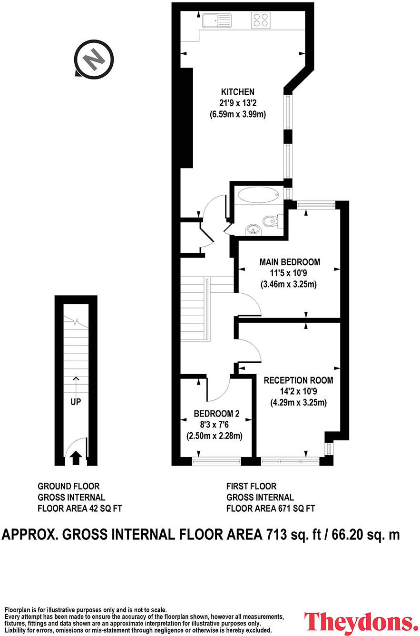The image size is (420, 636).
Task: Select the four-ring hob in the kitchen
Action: click(x=260, y=20)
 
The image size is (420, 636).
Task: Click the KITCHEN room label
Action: click(x=237, y=92)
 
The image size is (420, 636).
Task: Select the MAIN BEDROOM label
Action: click(x=289, y=262)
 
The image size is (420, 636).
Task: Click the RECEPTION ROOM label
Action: click(x=298, y=380)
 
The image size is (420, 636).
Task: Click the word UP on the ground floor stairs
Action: click(x=75, y=402)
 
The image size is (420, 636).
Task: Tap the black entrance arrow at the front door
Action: click(x=75, y=458)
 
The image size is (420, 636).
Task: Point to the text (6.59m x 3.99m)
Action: click(x=237, y=114)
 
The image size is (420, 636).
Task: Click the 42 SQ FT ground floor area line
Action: click(x=79, y=508)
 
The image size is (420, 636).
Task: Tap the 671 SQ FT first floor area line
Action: click(x=270, y=508)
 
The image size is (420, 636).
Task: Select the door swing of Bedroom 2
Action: click(x=217, y=388)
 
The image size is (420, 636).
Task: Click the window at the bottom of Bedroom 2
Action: click(x=217, y=460)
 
